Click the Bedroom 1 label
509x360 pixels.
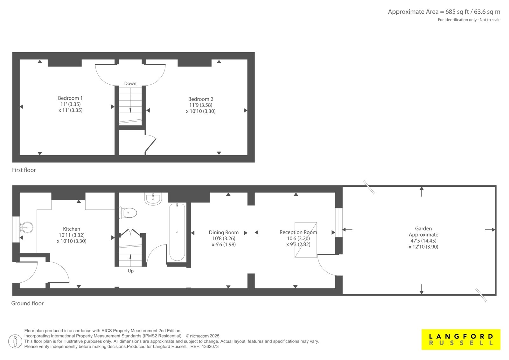(x=70, y=98)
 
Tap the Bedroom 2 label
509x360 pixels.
(x=201, y=99)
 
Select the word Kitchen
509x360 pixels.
(x=72, y=229)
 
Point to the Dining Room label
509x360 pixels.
(x=224, y=232)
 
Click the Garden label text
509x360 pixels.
(x=423, y=229)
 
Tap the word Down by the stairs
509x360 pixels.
(x=130, y=83)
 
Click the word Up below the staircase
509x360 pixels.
(x=131, y=271)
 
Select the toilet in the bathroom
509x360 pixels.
(x=128, y=213)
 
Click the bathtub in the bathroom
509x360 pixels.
(x=177, y=232)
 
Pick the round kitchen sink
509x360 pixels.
(x=27, y=227)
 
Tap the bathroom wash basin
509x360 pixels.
(x=153, y=199)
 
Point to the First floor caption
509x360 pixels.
(x=24, y=170)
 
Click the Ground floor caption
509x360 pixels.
(x=27, y=303)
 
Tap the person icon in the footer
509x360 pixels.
(x=15, y=342)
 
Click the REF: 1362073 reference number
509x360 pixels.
(x=205, y=347)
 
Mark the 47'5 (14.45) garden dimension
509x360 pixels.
(x=423, y=241)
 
